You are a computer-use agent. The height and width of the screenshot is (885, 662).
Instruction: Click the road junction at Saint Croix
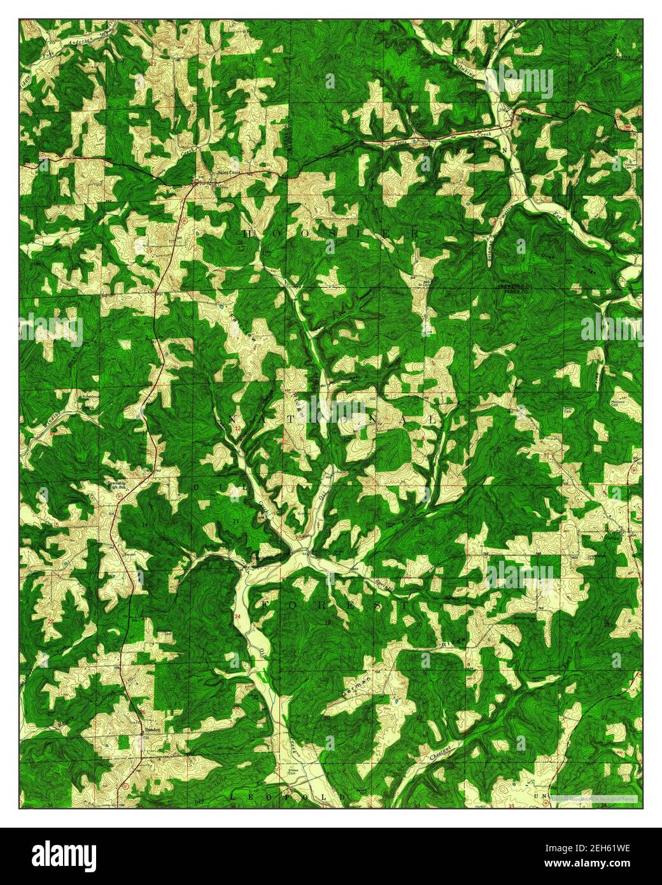(195, 183)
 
